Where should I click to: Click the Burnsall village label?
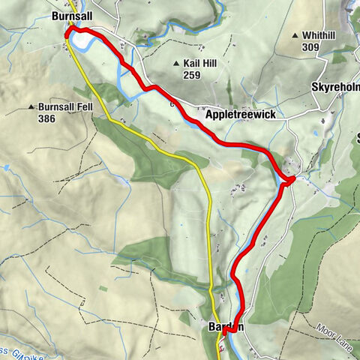pos(72,15)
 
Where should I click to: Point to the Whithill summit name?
pos(320,35)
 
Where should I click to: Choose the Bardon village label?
pos(223,327)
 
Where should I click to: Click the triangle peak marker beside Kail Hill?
pos(175,64)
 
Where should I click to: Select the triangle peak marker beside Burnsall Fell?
pos(32,108)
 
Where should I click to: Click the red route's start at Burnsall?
pos(68,32)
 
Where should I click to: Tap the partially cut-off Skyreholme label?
pos(334,88)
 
